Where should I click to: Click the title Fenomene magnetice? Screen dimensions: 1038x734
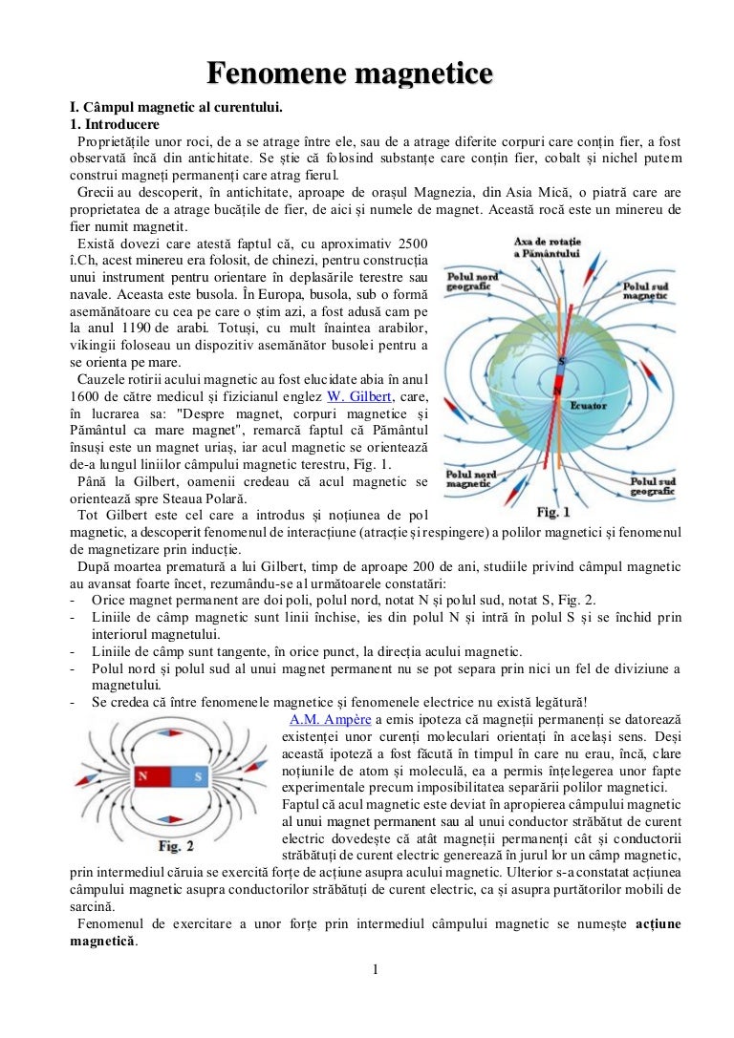pyautogui.click(x=351, y=74)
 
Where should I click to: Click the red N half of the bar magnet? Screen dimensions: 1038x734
pyautogui.click(x=143, y=776)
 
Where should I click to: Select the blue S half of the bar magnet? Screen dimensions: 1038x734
pyautogui.click(x=197, y=776)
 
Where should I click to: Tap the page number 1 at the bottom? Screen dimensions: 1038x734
pyautogui.click(x=376, y=971)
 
